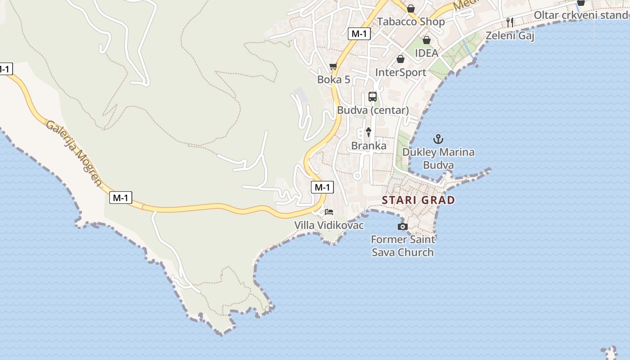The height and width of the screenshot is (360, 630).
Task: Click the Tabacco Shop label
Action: [x=411, y=22]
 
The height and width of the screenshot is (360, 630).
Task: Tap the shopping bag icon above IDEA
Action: [x=426, y=40]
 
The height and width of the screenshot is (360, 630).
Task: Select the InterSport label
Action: [x=400, y=72]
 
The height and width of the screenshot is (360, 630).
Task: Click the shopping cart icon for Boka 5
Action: [x=333, y=67]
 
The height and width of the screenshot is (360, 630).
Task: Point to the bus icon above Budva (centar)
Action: [x=373, y=96]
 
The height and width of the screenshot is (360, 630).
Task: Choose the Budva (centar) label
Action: [x=373, y=110]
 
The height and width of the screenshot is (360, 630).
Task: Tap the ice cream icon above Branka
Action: [x=369, y=132]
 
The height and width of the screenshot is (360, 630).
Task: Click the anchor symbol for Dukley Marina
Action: [x=438, y=139]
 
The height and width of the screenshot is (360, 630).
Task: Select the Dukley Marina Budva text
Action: [x=438, y=158]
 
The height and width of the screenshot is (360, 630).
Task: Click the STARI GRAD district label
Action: [x=418, y=200]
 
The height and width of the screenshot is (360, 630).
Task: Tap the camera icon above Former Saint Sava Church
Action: [x=403, y=226]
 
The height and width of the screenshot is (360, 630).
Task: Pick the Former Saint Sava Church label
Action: [x=403, y=246]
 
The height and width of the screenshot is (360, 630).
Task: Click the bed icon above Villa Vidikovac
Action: [x=329, y=211]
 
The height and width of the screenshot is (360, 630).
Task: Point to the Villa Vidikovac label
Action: [x=329, y=225]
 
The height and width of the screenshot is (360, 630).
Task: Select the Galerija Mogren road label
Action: [x=74, y=153]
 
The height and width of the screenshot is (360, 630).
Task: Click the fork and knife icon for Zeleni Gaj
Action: [x=510, y=22]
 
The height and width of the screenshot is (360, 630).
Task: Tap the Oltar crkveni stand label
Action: [x=580, y=15]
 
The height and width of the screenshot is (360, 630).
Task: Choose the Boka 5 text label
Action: [x=333, y=80]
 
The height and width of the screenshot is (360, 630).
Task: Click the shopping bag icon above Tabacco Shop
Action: [x=411, y=8]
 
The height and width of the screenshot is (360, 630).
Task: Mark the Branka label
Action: [x=369, y=146]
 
